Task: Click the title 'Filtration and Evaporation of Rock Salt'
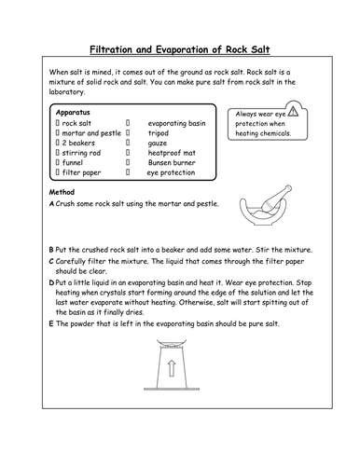pos(180,48)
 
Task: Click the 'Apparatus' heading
pos(75,110)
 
